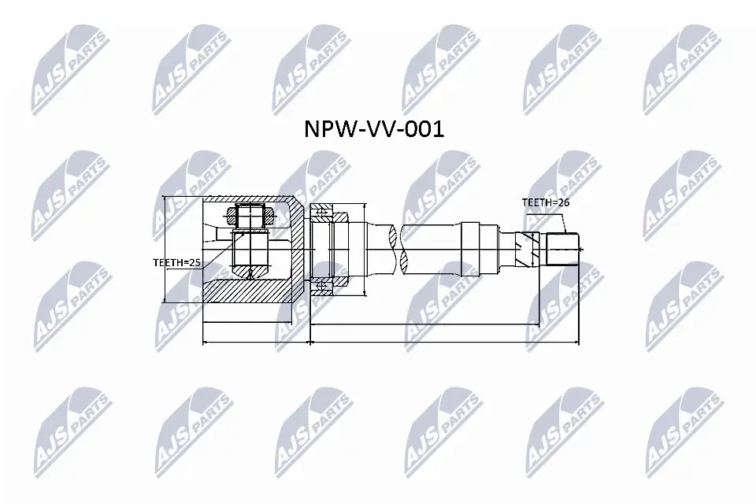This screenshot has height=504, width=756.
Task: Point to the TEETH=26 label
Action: coord(545,202)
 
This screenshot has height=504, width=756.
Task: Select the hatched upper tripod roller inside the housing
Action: coord(250,213)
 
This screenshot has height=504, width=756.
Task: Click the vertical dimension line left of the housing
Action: coord(163,249)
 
